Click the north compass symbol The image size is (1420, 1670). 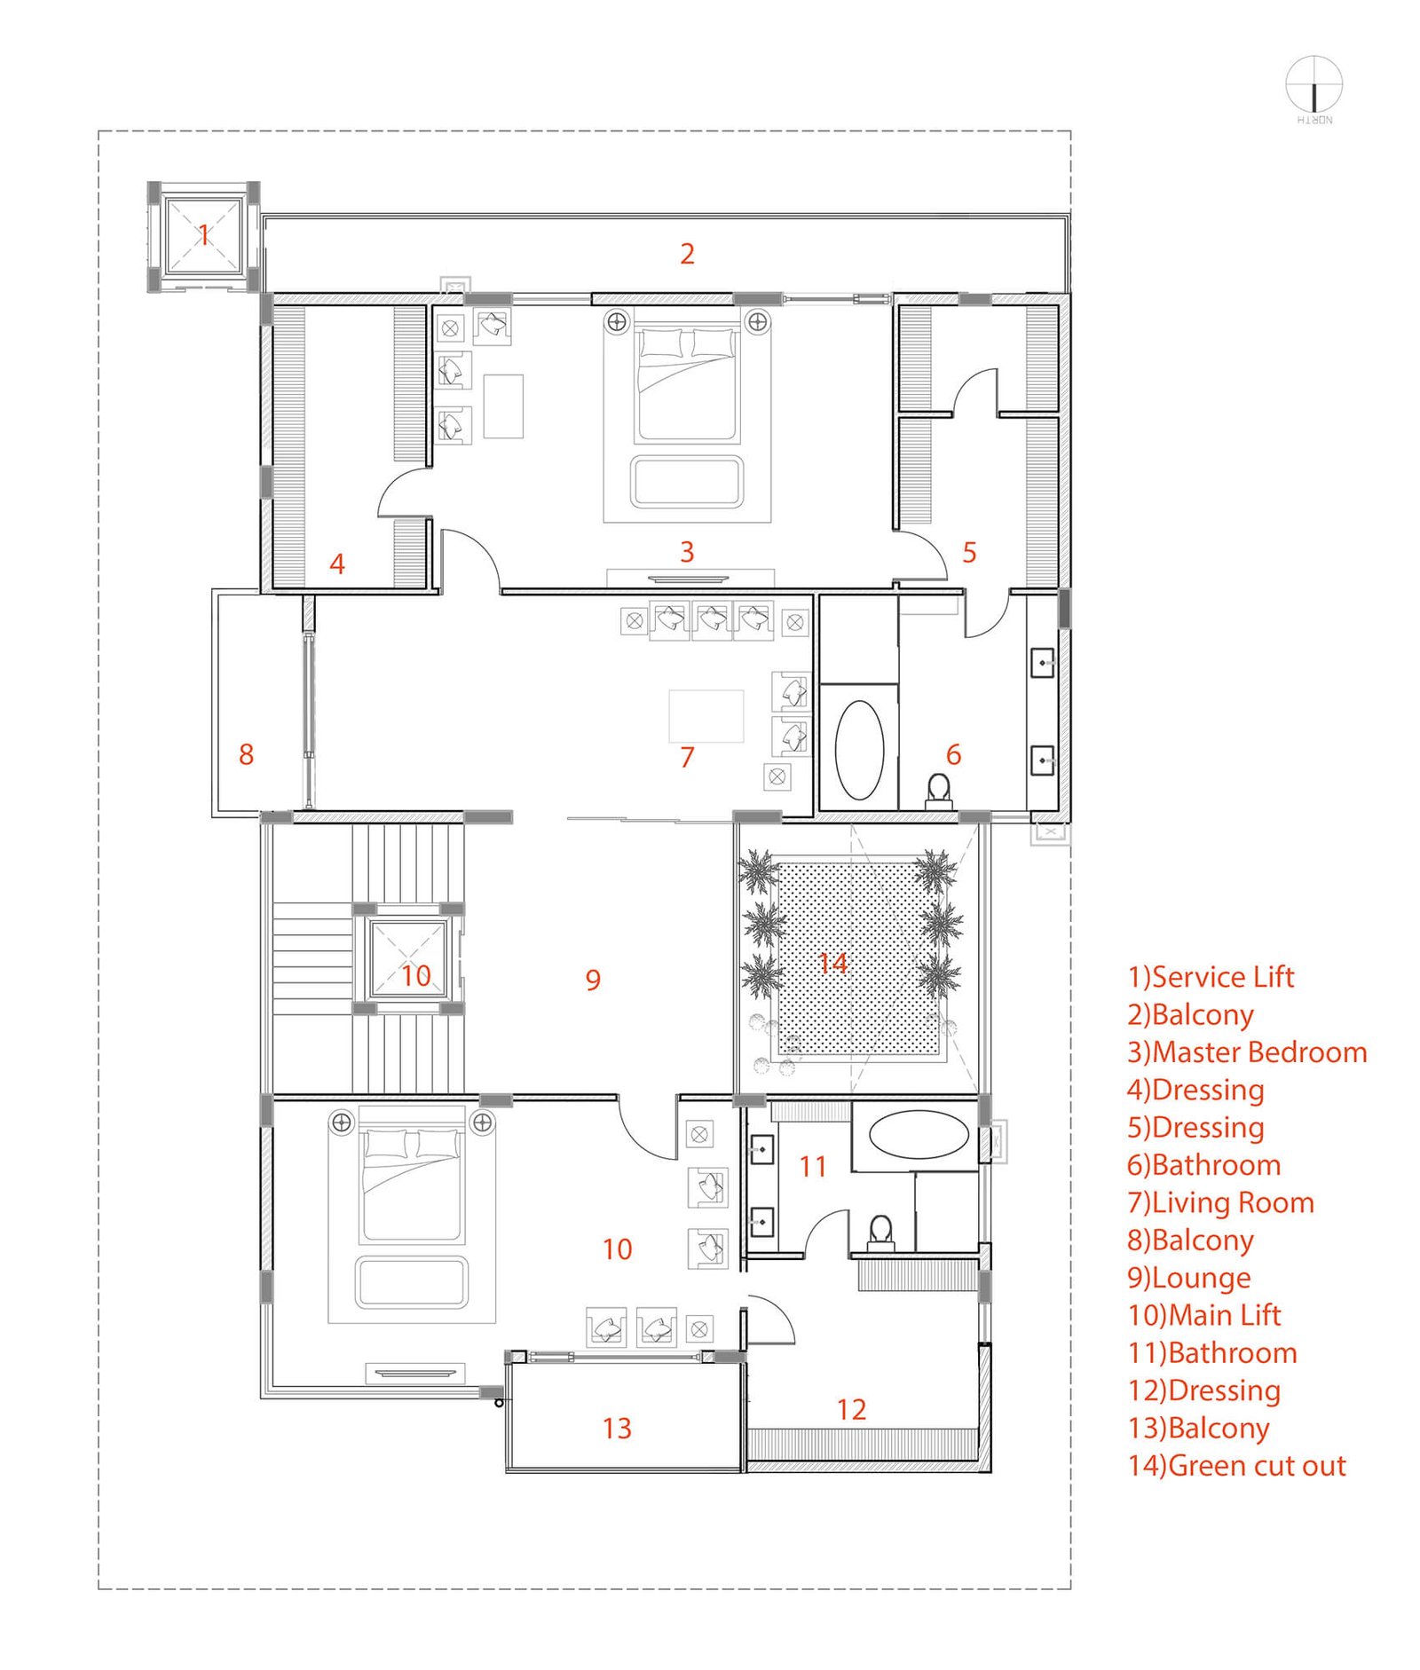pos(1313,86)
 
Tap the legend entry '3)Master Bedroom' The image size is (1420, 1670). pos(1247,1052)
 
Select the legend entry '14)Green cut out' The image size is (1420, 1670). pos(1236,1465)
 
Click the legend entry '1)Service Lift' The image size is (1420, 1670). pos(1211,977)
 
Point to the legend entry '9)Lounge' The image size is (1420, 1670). pos(1188,1278)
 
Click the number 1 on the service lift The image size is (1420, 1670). pos(203,235)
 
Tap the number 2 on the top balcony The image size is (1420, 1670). pos(687,254)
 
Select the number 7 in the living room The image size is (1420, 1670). pos(687,757)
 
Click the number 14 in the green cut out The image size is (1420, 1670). pos(832,963)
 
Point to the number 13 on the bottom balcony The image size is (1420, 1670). pos(617,1428)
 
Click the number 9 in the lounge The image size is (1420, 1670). pos(593,980)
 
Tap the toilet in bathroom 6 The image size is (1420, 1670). pos(938,790)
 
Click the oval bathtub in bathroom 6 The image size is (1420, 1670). pos(859,750)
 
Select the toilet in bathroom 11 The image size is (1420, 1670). pos(880,1233)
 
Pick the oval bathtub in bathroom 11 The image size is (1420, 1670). pos(919,1135)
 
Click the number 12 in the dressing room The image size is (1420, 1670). pos(851,1409)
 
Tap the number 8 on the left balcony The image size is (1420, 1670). pos(246,754)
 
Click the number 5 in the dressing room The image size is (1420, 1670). pos(969,553)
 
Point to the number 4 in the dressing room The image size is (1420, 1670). pos(336,563)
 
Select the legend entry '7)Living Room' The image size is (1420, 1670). pos(1220,1202)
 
